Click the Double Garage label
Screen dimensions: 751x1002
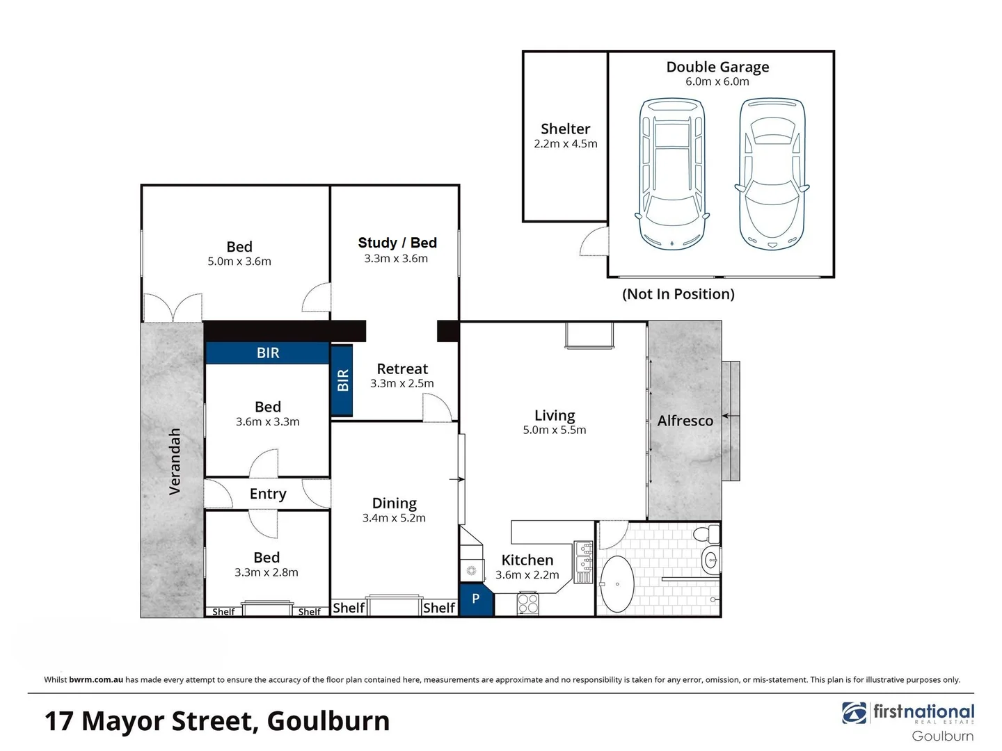click(717, 67)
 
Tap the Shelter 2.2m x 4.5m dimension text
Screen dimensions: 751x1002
click(565, 144)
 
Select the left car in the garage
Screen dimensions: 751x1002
click(672, 174)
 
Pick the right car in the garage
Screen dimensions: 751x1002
click(772, 174)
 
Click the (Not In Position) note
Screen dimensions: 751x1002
click(678, 294)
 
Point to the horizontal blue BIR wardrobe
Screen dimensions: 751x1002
click(267, 353)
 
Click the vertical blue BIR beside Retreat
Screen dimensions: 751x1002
click(342, 380)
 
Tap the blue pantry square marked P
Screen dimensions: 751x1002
click(476, 599)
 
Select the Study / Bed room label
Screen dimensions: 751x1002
click(397, 243)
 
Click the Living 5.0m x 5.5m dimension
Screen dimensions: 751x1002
click(554, 430)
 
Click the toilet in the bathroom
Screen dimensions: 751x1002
click(710, 534)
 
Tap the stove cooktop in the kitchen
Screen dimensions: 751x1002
click(528, 603)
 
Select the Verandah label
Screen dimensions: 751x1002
click(175, 461)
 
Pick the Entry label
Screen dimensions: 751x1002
click(268, 494)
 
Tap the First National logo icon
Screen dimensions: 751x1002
click(854, 713)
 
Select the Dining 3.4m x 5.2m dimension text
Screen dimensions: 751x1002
click(394, 518)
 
